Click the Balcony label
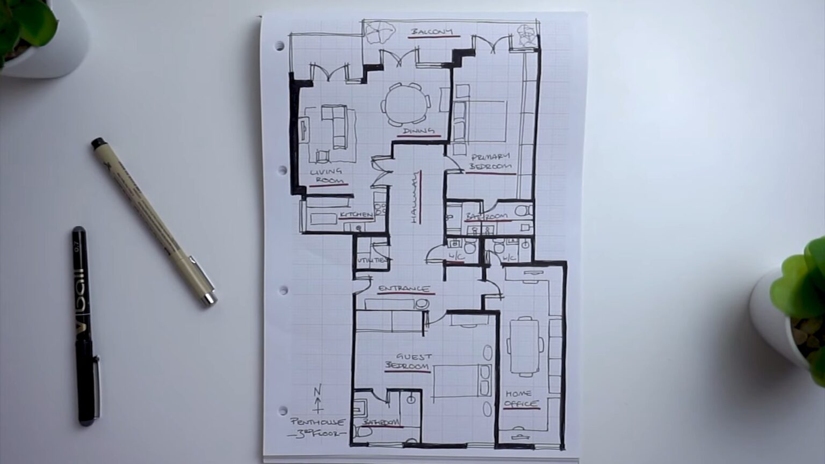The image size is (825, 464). pos(432,32)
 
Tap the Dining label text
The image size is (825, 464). pos(418,130)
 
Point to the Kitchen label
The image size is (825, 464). pos(356,215)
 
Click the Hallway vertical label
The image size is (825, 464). pos(415,198)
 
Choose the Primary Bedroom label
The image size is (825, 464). pos(491,162)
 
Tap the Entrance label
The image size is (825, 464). pos(404,289)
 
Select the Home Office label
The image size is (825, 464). pos(520,398)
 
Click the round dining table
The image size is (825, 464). pos(407,104)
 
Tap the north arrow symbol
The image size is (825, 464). pos(317,398)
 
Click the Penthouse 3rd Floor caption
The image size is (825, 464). pos(317,427)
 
